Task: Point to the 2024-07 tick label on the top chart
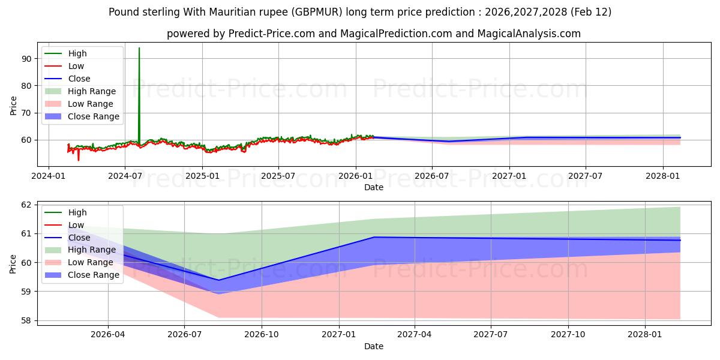(x=125, y=176)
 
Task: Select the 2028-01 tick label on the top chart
(x=663, y=176)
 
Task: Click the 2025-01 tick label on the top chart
(x=202, y=176)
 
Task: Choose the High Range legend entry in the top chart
(x=92, y=91)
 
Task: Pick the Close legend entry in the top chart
(x=79, y=79)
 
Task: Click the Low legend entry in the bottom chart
(x=76, y=225)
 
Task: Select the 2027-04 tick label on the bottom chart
(x=415, y=335)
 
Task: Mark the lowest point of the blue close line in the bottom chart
(x=218, y=280)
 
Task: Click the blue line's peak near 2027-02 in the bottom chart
(x=374, y=237)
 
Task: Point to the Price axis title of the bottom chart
(x=13, y=263)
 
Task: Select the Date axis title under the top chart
(x=373, y=187)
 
